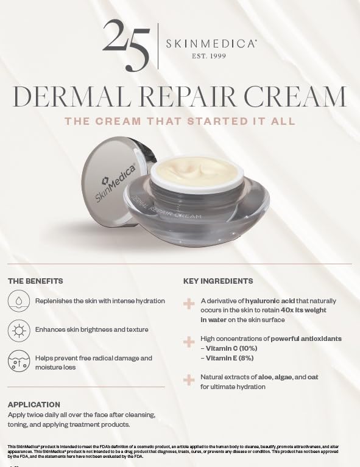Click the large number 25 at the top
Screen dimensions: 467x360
(x=125, y=43)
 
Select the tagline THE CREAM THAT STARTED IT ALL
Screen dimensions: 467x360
(x=180, y=121)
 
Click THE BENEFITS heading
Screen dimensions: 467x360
(x=35, y=281)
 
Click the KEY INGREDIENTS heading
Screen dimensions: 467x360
(x=218, y=281)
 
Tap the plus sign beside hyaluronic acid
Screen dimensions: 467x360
(x=189, y=302)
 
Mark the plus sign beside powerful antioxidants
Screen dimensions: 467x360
(x=189, y=342)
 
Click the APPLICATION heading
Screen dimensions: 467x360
(x=34, y=404)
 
